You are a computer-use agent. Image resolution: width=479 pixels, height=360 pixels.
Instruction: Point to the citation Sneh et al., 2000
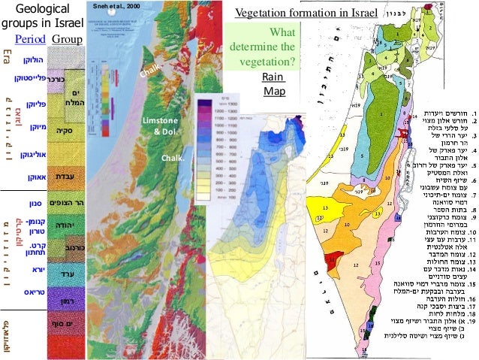115,6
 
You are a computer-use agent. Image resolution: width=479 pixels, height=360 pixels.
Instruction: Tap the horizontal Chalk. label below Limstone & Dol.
174,159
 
